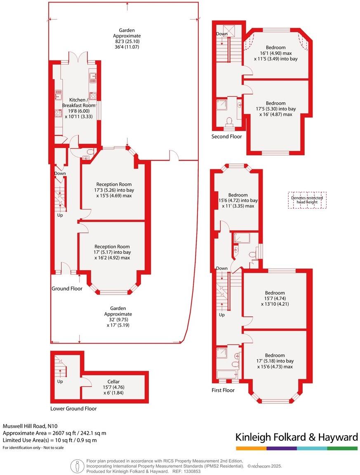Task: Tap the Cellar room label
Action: [113, 382]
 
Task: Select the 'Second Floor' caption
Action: [226, 136]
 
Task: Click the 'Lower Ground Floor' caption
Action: [73, 409]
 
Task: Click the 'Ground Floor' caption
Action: [67, 288]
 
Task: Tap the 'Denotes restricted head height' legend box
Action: [307, 200]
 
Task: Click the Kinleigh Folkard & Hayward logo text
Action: [296, 437]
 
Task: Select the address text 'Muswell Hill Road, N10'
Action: [31, 426]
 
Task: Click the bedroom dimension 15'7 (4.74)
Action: [275, 299]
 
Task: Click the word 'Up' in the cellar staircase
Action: [60, 381]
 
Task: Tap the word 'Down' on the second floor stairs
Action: [222, 34]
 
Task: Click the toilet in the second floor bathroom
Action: [229, 121]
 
